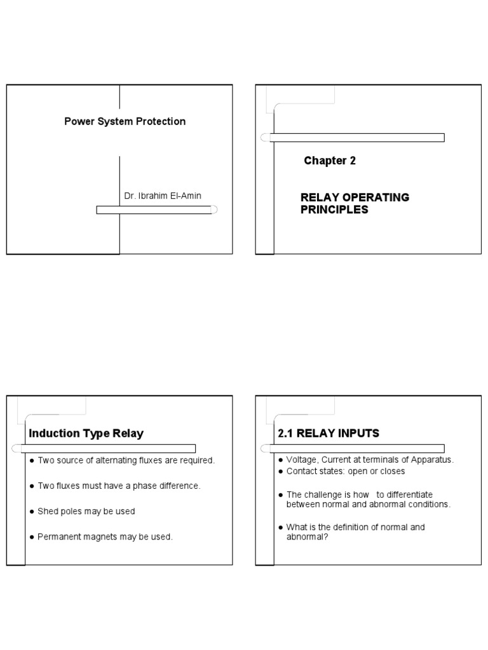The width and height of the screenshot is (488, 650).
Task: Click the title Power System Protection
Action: pos(125,121)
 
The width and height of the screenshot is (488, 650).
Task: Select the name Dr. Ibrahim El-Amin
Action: pos(163,196)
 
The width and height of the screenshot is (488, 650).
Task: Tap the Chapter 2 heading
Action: pos(329,161)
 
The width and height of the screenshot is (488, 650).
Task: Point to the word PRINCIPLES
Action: pos(334,209)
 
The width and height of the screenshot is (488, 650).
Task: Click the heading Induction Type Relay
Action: pos(86,434)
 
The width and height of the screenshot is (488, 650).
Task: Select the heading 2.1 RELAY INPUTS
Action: pos(329,434)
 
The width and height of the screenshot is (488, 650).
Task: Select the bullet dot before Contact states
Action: pos(280,472)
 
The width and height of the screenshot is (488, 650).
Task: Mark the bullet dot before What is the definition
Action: pos(280,527)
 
